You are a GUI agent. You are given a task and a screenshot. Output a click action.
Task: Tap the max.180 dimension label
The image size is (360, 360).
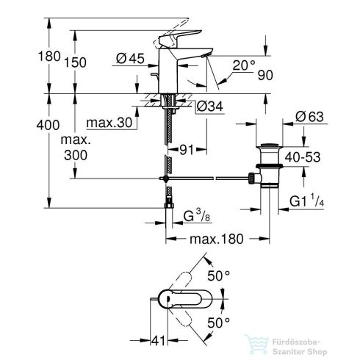click(x=217, y=240)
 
